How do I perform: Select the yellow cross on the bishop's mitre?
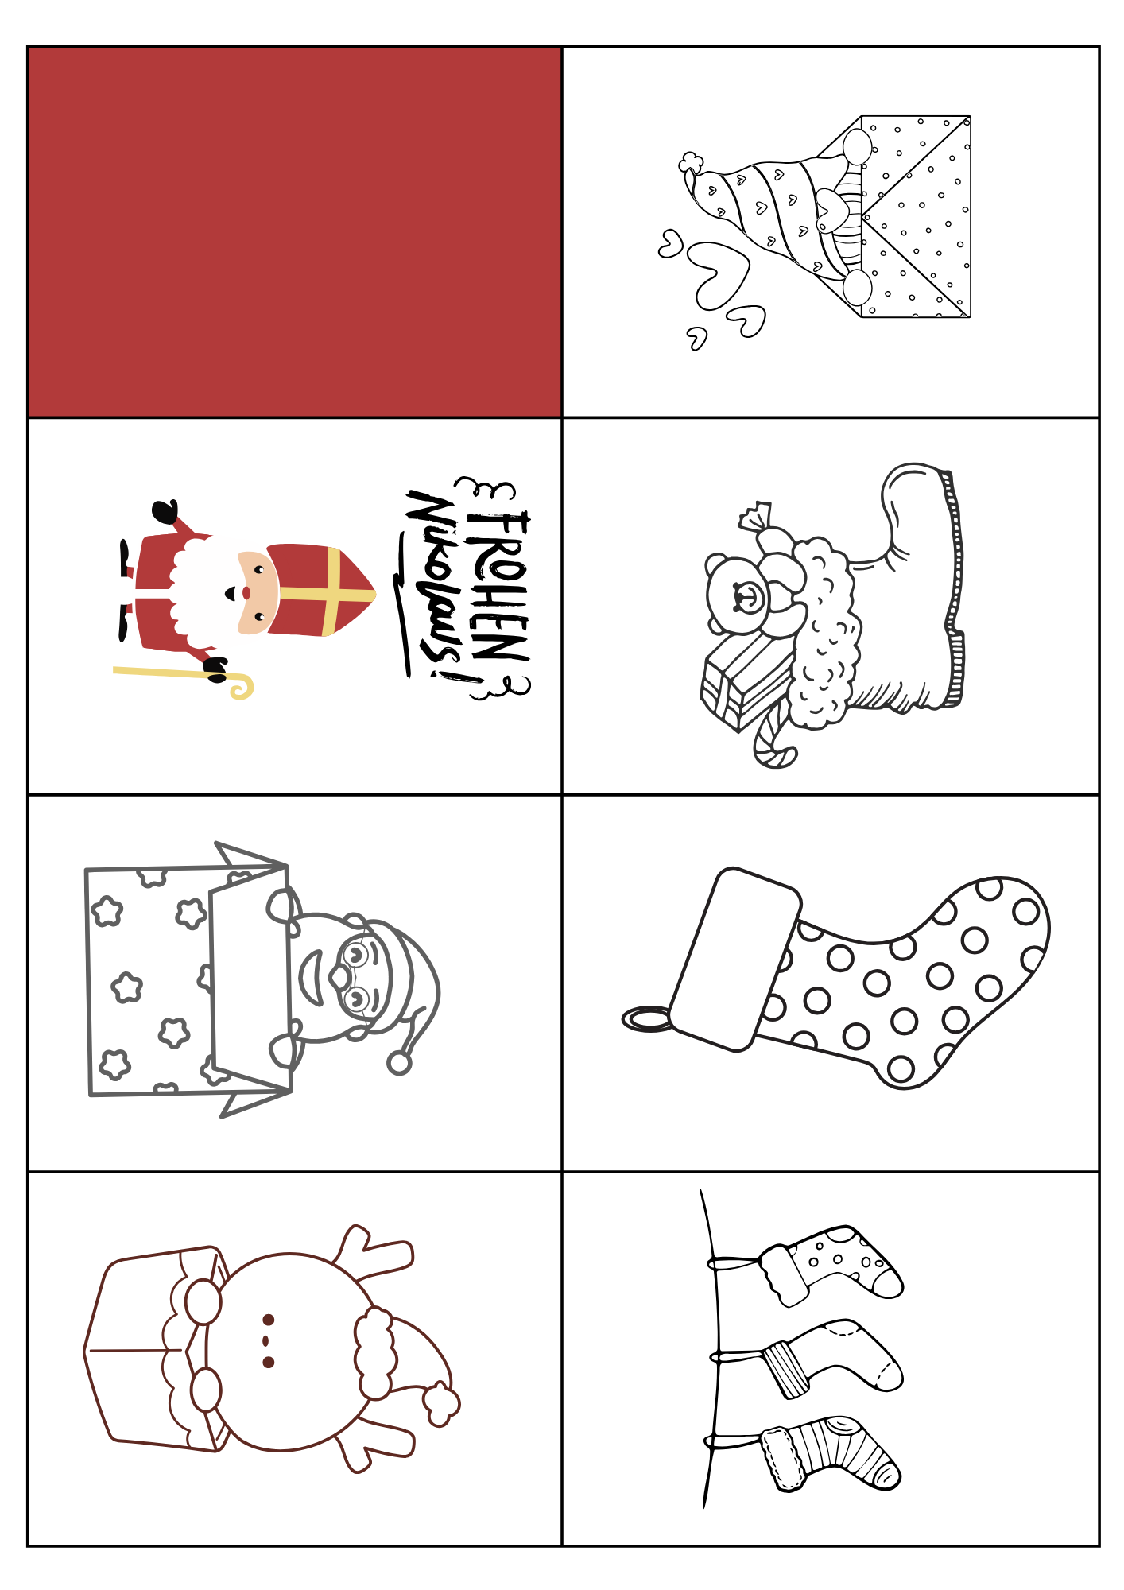click(330, 592)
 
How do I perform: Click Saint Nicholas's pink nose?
click(246, 593)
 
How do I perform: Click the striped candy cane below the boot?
click(771, 743)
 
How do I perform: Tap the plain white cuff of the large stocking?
click(735, 958)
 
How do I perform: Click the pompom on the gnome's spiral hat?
click(690, 163)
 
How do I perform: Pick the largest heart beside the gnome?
click(718, 274)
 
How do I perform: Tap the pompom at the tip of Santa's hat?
click(399, 1063)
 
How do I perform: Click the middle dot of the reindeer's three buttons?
click(268, 1340)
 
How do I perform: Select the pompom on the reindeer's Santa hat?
click(441, 1404)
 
